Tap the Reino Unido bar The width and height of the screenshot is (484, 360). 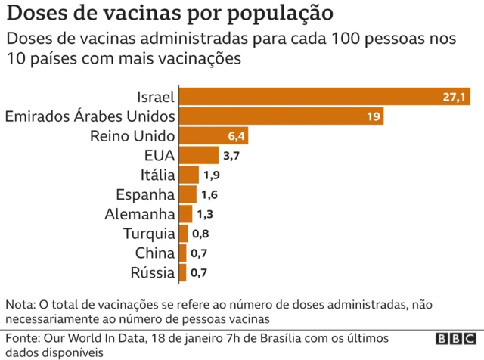213,136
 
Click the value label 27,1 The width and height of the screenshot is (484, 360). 456,97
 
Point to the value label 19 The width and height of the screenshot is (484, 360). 373,116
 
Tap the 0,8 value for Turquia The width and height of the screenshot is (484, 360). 200,234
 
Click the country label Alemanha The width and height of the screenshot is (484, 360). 140,214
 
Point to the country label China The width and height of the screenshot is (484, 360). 155,253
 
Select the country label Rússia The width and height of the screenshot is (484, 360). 154,273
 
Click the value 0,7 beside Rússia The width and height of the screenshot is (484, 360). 199,273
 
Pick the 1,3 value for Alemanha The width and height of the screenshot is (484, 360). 206,214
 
